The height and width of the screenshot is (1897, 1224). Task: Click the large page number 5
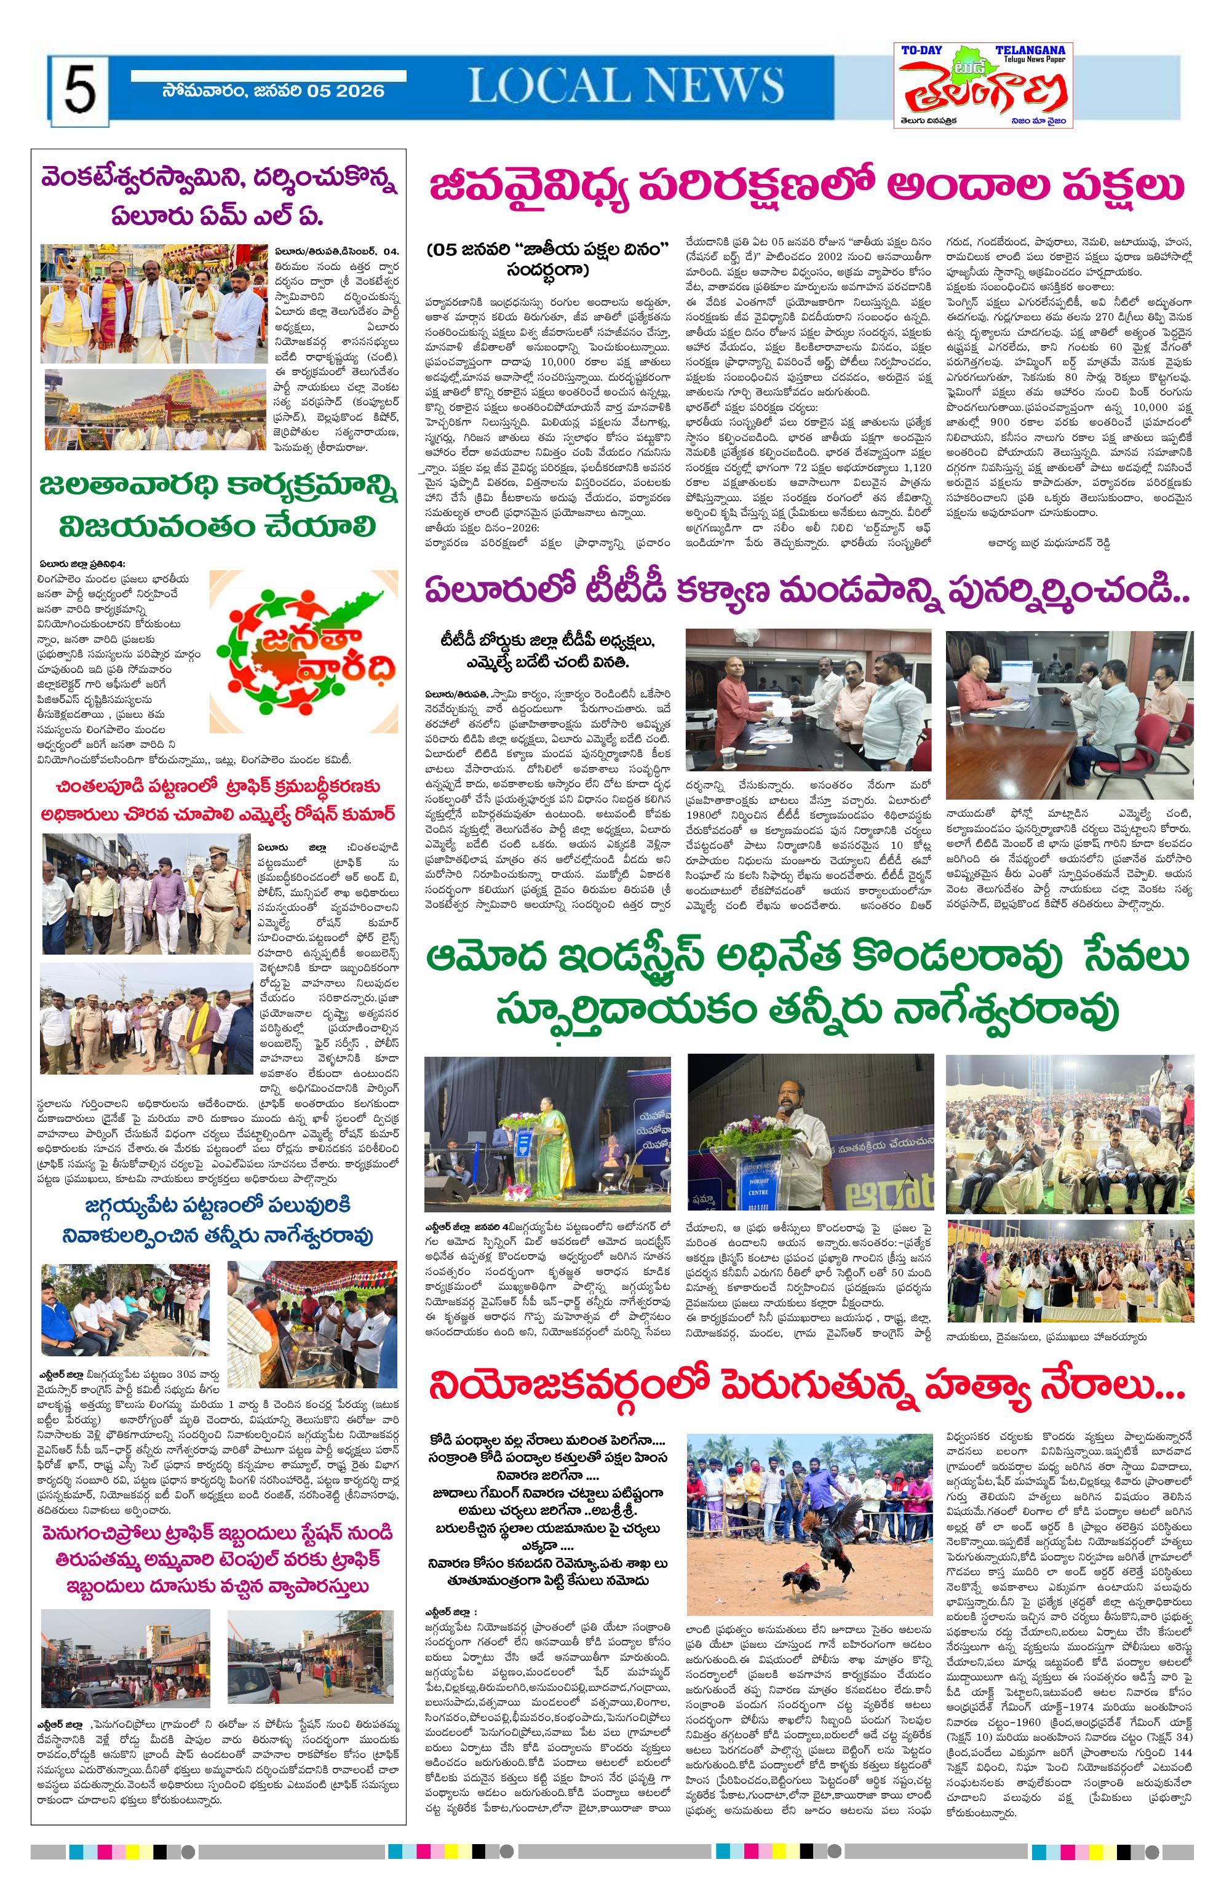(x=79, y=90)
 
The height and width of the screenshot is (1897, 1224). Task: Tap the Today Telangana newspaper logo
(x=982, y=85)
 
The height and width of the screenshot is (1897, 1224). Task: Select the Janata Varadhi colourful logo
(x=304, y=651)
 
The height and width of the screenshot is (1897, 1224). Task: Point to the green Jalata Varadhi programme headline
(x=218, y=506)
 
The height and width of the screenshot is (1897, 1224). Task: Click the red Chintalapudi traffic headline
(x=218, y=800)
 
